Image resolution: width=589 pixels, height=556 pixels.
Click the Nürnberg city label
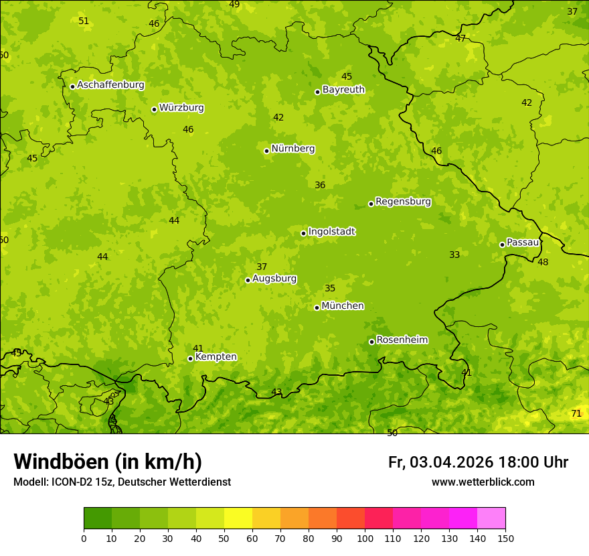click(x=292, y=149)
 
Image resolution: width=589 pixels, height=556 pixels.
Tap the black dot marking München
click(x=317, y=307)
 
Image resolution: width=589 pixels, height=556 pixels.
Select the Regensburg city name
click(x=403, y=202)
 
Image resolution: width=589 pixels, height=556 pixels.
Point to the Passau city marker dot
click(x=502, y=245)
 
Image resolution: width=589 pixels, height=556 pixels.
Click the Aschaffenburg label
click(x=110, y=85)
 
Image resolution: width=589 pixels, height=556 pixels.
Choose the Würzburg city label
click(x=181, y=108)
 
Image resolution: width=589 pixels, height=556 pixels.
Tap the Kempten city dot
click(x=190, y=358)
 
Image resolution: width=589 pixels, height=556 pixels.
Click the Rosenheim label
click(x=402, y=340)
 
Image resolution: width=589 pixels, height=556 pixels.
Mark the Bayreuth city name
click(x=343, y=90)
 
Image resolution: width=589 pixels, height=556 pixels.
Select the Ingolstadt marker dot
click(x=303, y=234)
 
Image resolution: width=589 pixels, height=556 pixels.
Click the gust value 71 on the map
click(x=576, y=414)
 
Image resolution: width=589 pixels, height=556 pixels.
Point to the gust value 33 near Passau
click(x=454, y=255)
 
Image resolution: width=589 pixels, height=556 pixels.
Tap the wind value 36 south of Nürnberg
click(x=320, y=186)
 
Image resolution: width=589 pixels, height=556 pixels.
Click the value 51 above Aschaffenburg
click(x=84, y=21)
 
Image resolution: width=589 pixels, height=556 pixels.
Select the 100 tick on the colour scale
click(x=365, y=538)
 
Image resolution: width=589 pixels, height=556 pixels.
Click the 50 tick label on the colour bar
click(x=224, y=538)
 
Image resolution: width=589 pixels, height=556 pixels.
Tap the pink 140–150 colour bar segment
click(x=491, y=518)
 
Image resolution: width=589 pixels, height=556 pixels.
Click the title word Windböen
click(x=60, y=462)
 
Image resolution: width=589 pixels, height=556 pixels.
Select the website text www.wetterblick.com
click(x=483, y=482)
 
